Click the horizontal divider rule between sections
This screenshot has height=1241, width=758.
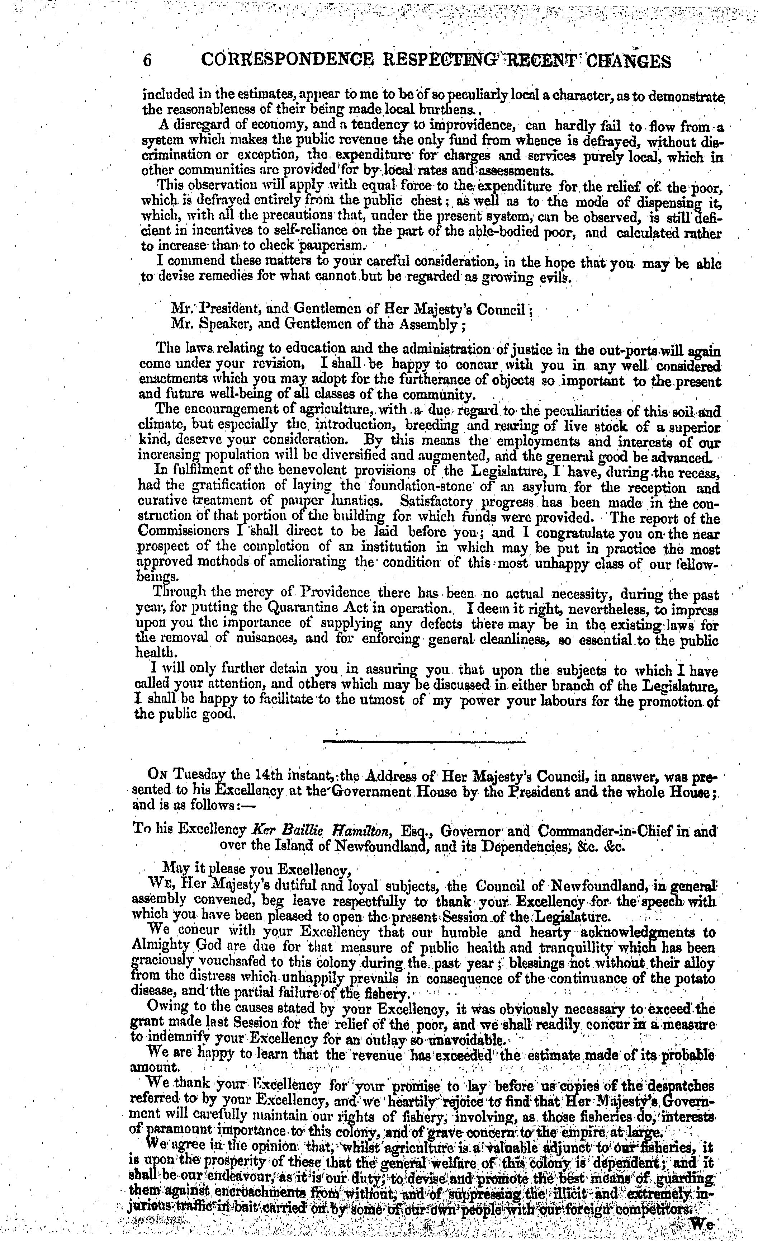coord(423,741)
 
